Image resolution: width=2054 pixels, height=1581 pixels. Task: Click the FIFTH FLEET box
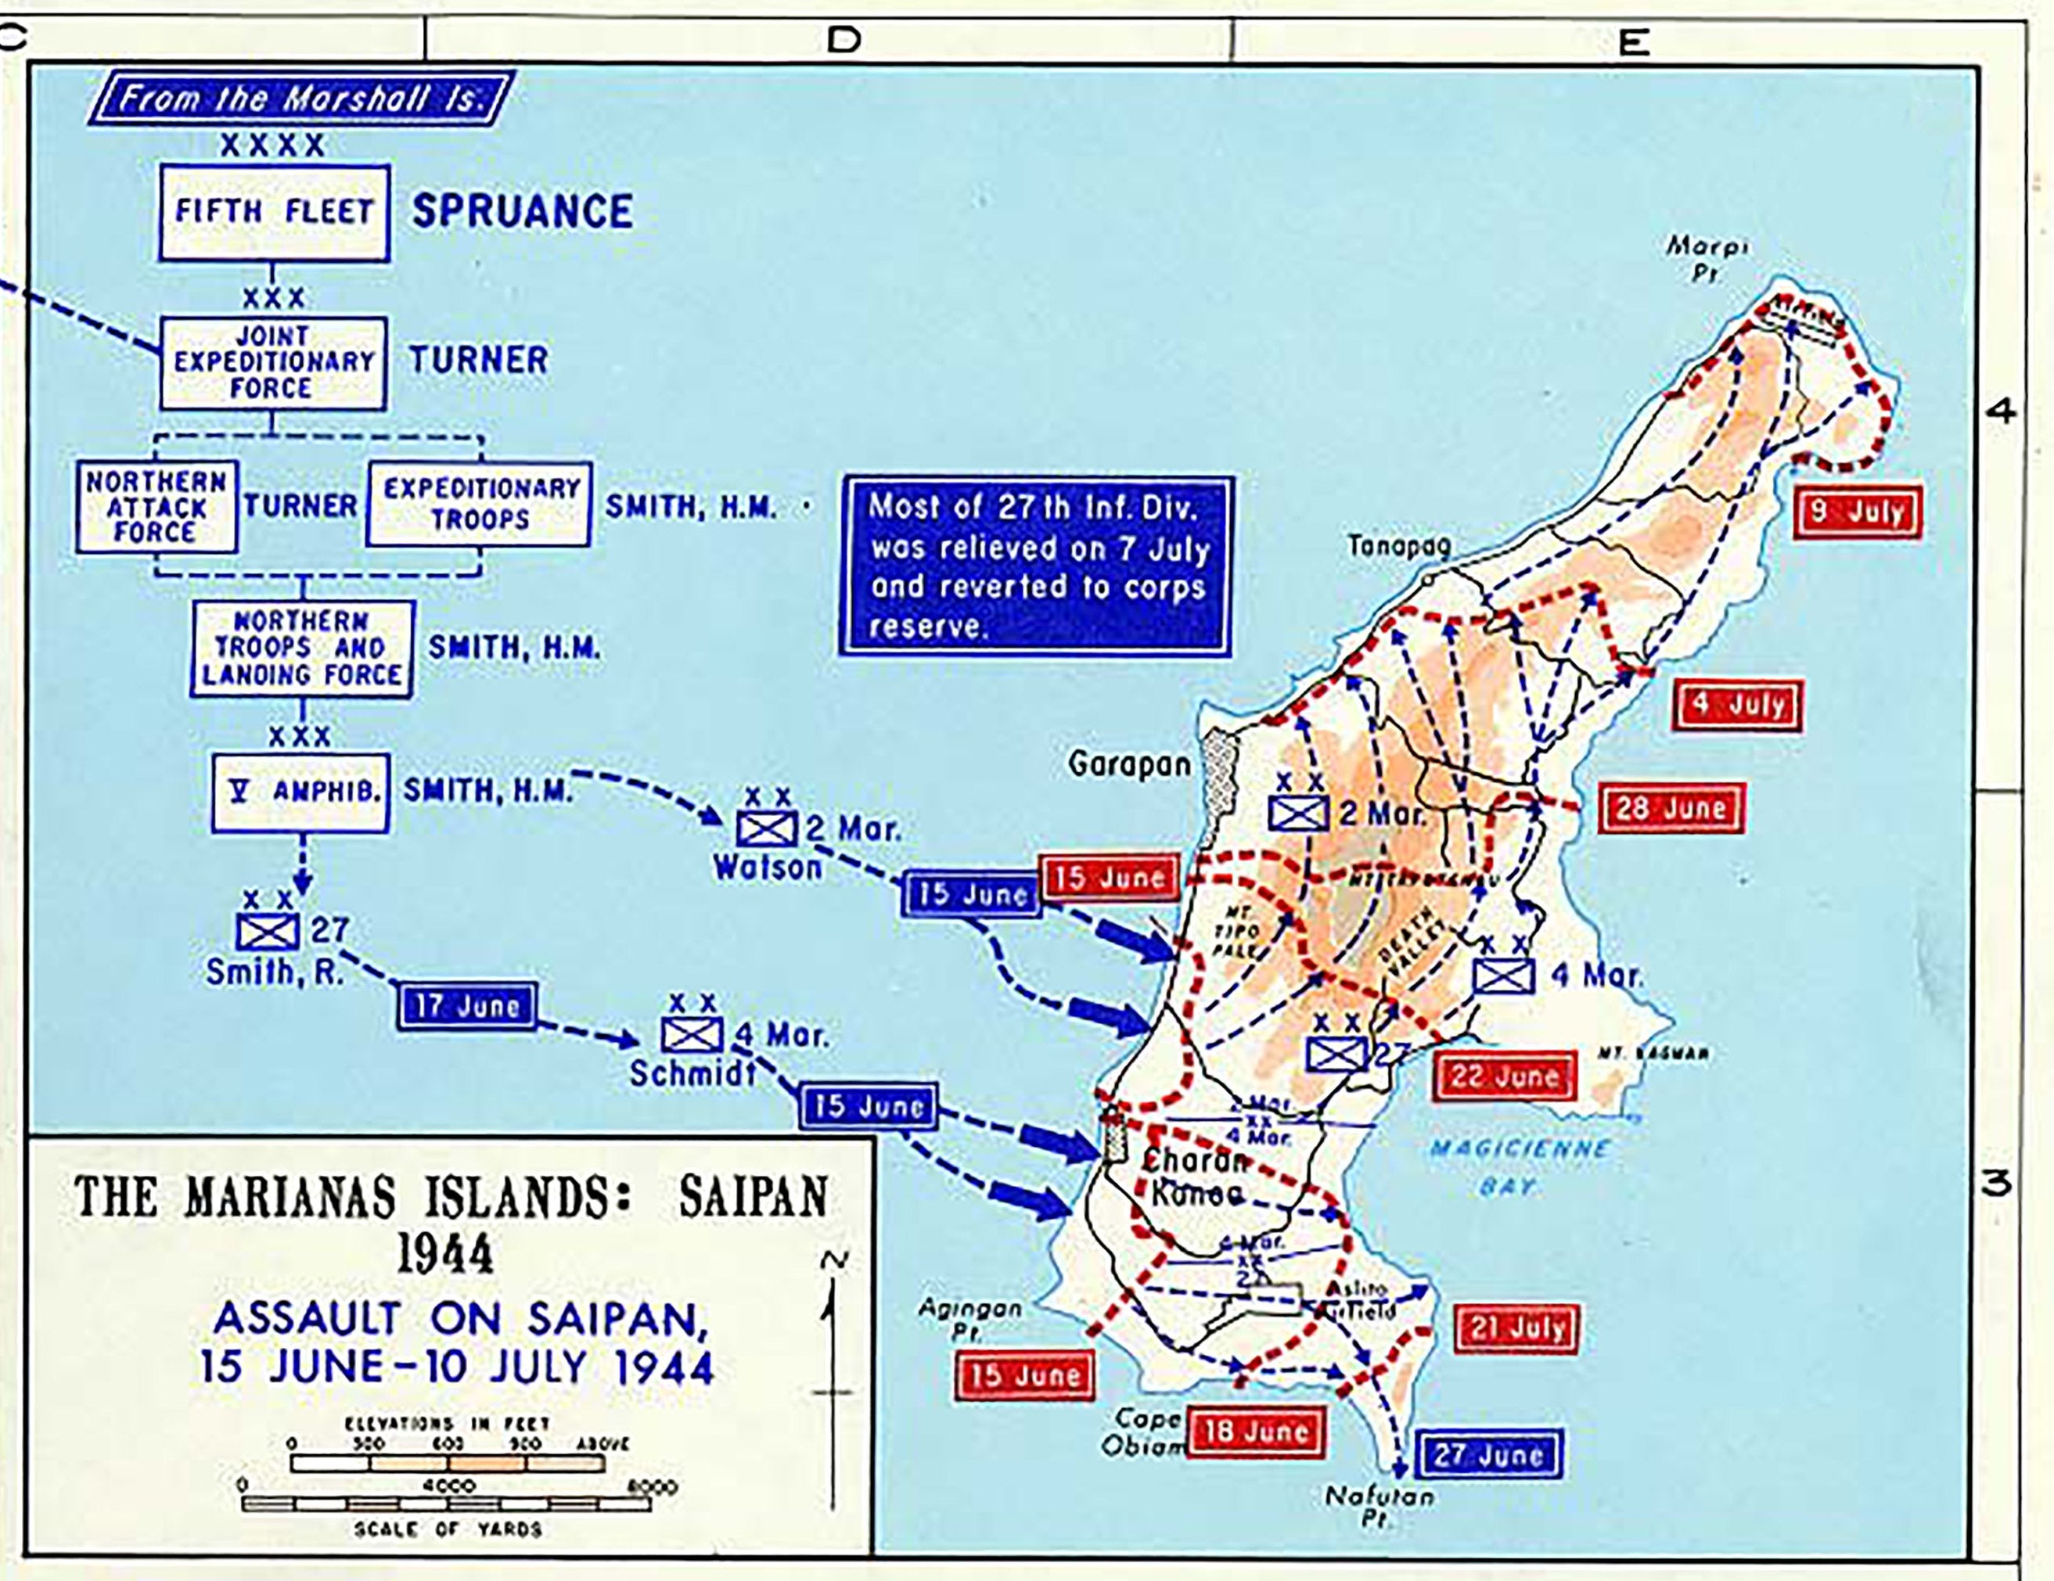(x=274, y=213)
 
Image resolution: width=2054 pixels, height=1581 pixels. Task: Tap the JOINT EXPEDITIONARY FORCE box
(x=273, y=362)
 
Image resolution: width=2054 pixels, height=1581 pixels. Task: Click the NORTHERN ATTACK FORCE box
(x=156, y=507)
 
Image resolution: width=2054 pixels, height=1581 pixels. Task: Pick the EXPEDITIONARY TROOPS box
(x=479, y=504)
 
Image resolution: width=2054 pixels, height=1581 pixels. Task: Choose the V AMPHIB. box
(x=300, y=792)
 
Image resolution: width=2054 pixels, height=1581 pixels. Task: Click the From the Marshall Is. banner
(x=301, y=98)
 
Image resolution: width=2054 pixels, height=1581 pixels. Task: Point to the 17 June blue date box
(x=467, y=1005)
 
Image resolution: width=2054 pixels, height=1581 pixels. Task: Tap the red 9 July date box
(x=1857, y=512)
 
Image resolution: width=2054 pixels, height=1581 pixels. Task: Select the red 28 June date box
(x=1671, y=808)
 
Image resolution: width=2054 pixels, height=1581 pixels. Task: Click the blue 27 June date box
(x=1487, y=1455)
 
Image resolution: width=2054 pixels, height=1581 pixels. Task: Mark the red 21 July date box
(x=1516, y=1328)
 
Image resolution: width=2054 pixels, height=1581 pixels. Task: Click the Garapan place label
(x=1128, y=764)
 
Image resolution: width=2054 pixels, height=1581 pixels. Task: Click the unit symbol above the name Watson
(x=767, y=828)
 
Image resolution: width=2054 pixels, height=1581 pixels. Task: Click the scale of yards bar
(x=447, y=1504)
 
